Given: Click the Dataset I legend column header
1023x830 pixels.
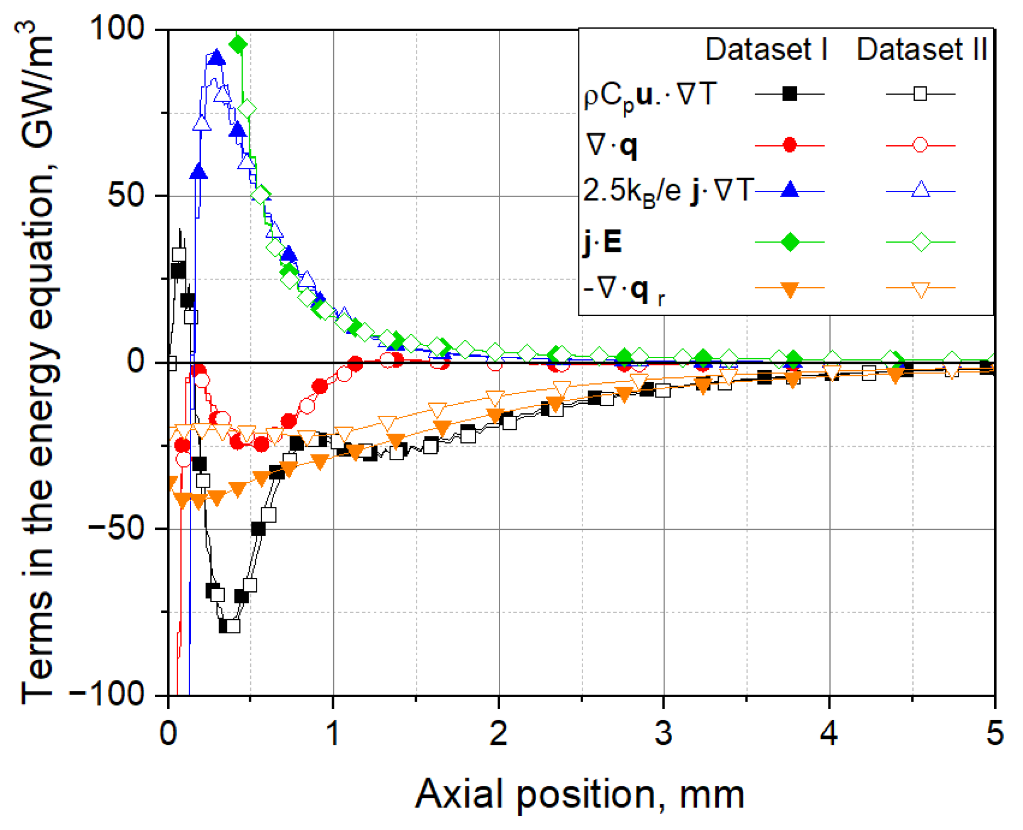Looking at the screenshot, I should coord(766,49).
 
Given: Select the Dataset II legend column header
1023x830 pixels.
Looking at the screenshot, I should coord(921,49).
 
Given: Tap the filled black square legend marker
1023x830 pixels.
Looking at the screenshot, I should coord(789,94).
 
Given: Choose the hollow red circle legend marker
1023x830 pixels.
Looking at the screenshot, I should coord(920,145).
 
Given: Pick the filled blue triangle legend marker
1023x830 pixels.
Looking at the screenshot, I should coord(789,190).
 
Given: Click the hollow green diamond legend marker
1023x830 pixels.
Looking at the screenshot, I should coord(920,242).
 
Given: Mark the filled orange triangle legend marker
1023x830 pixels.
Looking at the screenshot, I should coord(789,289).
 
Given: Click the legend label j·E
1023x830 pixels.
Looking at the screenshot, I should coord(602,242).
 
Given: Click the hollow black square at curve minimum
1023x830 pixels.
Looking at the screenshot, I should coord(233,626).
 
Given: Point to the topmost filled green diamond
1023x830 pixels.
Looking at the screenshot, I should coord(238,45).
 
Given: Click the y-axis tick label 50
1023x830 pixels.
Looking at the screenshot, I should coord(126,195).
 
